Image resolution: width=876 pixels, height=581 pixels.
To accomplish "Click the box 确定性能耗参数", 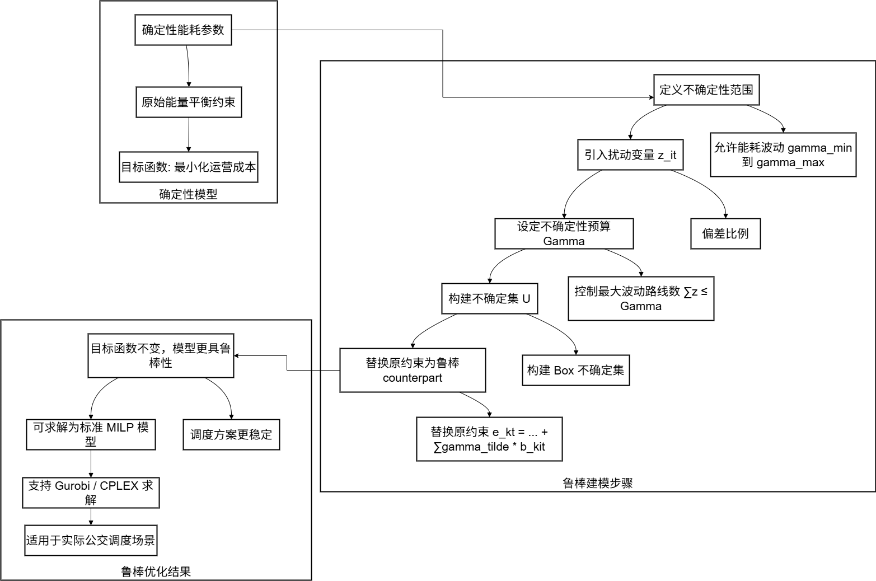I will (x=183, y=30).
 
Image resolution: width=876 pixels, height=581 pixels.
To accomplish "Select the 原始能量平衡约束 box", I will (x=189, y=102).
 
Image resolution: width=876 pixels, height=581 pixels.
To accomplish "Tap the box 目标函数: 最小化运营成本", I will (x=189, y=167).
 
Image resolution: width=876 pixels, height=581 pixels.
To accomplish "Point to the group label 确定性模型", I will (x=189, y=194).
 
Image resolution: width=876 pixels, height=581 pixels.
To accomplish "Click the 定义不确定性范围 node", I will (x=706, y=90).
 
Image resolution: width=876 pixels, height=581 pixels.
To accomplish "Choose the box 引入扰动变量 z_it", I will (x=630, y=154).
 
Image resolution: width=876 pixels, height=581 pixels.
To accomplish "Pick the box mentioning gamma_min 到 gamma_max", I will (x=783, y=155).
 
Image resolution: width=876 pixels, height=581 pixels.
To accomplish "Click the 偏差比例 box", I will (x=725, y=233).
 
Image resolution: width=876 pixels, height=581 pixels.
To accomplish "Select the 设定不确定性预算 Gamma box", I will (x=564, y=233).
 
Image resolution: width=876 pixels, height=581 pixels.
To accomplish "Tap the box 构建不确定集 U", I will (x=489, y=298).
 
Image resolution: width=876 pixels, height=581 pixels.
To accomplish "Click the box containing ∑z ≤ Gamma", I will (x=641, y=298).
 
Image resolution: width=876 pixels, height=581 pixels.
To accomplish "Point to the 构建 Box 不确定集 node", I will (x=575, y=370).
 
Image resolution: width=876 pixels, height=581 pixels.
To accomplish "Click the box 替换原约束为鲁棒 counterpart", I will (x=413, y=370).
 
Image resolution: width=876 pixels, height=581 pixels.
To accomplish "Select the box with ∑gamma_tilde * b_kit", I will (x=489, y=439).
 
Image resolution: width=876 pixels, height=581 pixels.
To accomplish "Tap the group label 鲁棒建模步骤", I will (x=598, y=483).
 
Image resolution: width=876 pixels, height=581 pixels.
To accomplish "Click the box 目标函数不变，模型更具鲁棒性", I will (x=161, y=355).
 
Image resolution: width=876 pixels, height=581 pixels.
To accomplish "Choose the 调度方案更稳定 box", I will (x=231, y=434).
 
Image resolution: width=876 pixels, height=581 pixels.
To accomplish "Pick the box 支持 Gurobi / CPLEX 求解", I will (x=91, y=493).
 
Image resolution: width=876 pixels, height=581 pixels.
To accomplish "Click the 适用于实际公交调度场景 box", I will (x=91, y=540).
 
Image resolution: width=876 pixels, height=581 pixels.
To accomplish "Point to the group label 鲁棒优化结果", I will (x=156, y=571).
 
